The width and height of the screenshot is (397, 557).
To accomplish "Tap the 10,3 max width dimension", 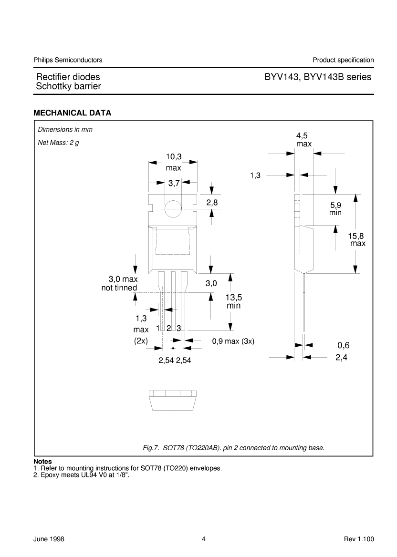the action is tap(173, 162).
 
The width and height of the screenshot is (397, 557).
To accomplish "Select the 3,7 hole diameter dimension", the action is tap(174, 183).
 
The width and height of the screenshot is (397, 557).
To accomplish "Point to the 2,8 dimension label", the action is tap(212, 203).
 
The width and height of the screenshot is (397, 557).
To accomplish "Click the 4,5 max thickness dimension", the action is tap(304, 140).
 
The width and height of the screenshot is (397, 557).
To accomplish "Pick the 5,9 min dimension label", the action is tap(335, 209).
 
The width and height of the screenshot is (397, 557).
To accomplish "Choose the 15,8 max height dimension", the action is tap(356, 240).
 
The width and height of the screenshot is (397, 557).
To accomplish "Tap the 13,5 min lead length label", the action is tap(234, 301).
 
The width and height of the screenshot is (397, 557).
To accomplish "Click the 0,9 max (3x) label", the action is tap(233, 341).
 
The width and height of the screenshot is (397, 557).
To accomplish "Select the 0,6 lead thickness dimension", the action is tap(344, 345).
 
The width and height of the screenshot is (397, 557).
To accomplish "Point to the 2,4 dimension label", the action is tap(341, 357).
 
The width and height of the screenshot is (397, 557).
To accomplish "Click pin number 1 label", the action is tap(158, 328).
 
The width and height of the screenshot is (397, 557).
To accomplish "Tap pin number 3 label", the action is tap(178, 328).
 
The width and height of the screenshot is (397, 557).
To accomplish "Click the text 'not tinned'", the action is tap(119, 288).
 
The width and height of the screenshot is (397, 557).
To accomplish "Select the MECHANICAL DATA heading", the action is tap(72, 113).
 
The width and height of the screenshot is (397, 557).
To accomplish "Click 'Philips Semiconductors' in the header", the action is tap(68, 60).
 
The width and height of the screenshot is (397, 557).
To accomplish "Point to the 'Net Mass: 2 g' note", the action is tap(58, 143).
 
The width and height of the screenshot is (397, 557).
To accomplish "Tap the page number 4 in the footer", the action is tap(204, 539).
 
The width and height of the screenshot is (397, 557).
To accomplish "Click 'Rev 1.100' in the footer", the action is tap(359, 539).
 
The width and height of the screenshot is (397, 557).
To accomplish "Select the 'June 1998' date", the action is tap(49, 539).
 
